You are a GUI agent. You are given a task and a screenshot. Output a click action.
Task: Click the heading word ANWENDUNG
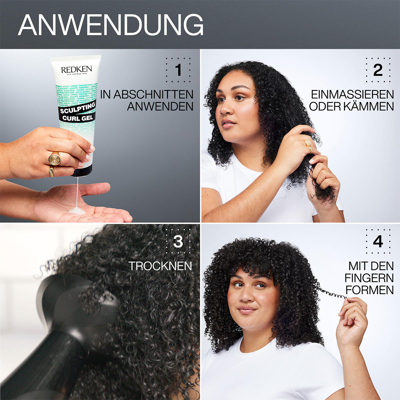[111, 25]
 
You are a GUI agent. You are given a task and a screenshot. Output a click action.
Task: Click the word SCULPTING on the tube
[78, 108]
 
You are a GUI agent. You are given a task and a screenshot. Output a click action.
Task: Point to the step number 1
[178, 70]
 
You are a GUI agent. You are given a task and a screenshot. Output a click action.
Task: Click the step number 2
[378, 70]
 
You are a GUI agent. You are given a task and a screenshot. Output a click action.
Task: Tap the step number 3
[178, 242]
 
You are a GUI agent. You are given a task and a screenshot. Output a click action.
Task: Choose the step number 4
[378, 242]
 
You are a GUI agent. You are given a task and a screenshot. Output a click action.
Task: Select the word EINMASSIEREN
[352, 95]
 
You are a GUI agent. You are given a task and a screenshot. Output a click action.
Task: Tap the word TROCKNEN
[160, 266]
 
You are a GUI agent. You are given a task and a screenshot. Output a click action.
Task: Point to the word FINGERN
[369, 278]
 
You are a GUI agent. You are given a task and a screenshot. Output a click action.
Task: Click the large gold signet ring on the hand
[55, 159]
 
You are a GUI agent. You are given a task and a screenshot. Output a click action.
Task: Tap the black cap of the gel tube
[82, 172]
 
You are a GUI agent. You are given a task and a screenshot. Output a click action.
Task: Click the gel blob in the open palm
[77, 210]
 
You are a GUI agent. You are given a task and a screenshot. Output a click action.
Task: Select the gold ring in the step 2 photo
[308, 144]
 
